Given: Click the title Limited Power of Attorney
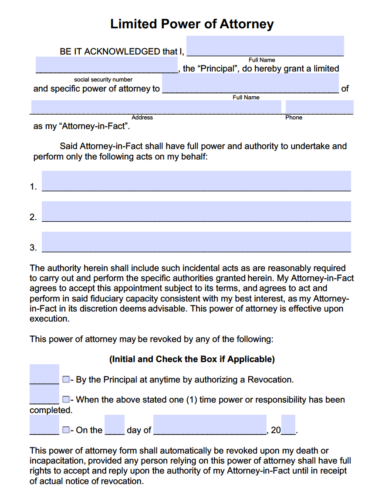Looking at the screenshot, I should tap(192, 24).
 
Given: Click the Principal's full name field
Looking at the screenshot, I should tap(265, 46).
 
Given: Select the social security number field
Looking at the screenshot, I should tap(106, 65).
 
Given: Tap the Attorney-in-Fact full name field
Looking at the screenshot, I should tap(250, 83).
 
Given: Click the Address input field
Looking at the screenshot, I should tap(156, 107).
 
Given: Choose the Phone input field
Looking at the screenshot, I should tap(319, 107).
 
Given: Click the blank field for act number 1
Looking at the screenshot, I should tap(196, 180).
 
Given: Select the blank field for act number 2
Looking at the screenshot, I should tap(196, 211).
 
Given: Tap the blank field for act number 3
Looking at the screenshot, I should tap(196, 241).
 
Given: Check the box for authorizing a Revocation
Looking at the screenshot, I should tap(65, 379).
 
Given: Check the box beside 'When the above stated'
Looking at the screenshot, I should tap(65, 399).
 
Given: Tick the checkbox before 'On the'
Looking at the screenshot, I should tap(65, 430).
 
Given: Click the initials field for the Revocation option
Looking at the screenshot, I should tap(44, 374).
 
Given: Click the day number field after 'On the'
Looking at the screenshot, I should tap(115, 425).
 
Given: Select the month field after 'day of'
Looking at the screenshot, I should tap(210, 425).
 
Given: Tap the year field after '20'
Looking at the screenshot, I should tap(288, 425).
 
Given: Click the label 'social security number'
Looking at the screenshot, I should tap(103, 80).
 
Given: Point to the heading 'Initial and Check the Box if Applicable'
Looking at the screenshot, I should tap(192, 359).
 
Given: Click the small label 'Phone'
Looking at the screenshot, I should tap(294, 118).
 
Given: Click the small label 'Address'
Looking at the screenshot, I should tap(142, 118).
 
